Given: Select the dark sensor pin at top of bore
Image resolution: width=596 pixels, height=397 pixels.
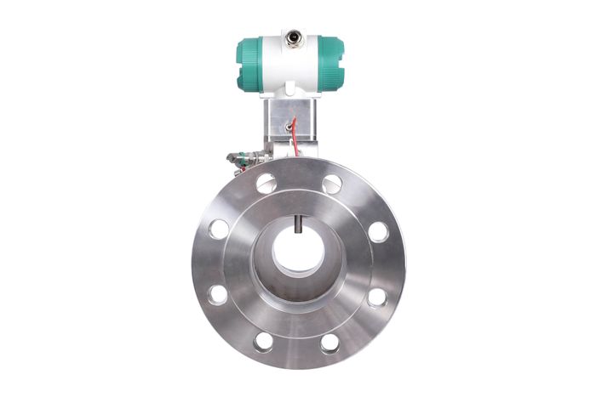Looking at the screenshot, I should (x=298, y=224).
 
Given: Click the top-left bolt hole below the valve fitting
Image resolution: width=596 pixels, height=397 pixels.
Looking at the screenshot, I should (x=265, y=181).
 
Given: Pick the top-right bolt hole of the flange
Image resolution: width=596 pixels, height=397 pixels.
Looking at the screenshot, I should (x=332, y=182).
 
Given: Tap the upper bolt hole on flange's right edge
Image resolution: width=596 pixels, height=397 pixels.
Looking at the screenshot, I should (x=378, y=230).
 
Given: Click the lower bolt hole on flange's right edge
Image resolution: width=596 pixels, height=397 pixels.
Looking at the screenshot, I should (x=377, y=296).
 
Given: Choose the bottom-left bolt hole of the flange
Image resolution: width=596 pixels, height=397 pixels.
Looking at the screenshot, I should (x=264, y=342).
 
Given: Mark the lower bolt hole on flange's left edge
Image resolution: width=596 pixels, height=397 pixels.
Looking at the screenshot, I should (x=218, y=295).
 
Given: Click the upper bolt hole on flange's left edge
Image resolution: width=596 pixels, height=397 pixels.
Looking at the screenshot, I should (x=219, y=229).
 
